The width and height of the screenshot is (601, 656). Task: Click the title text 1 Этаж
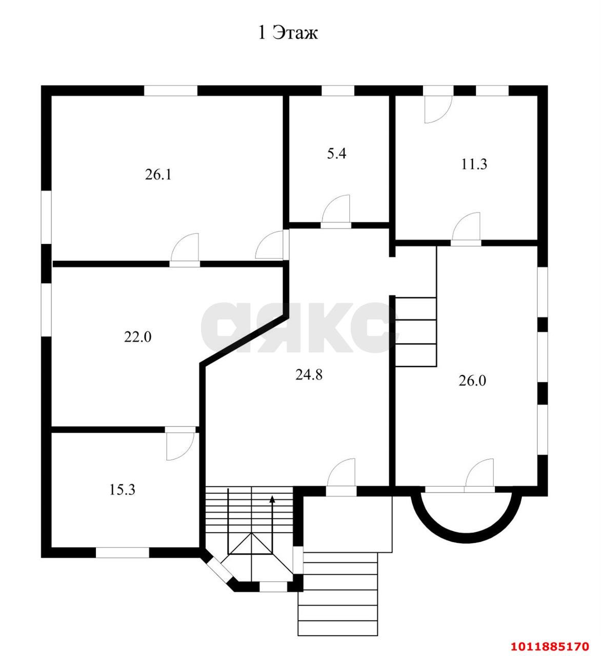click(x=287, y=33)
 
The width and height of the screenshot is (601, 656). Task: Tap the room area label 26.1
click(x=158, y=175)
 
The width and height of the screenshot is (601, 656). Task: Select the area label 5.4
click(x=336, y=153)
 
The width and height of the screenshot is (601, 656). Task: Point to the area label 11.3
click(x=474, y=165)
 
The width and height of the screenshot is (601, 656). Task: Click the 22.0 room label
click(x=137, y=337)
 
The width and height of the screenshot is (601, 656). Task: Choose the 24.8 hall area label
click(x=309, y=375)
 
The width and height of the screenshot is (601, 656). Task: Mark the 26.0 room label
click(x=472, y=381)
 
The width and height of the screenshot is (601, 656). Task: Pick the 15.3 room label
click(x=122, y=489)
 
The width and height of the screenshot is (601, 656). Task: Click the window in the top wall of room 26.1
click(x=170, y=91)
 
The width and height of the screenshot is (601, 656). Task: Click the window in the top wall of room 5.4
click(x=337, y=91)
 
